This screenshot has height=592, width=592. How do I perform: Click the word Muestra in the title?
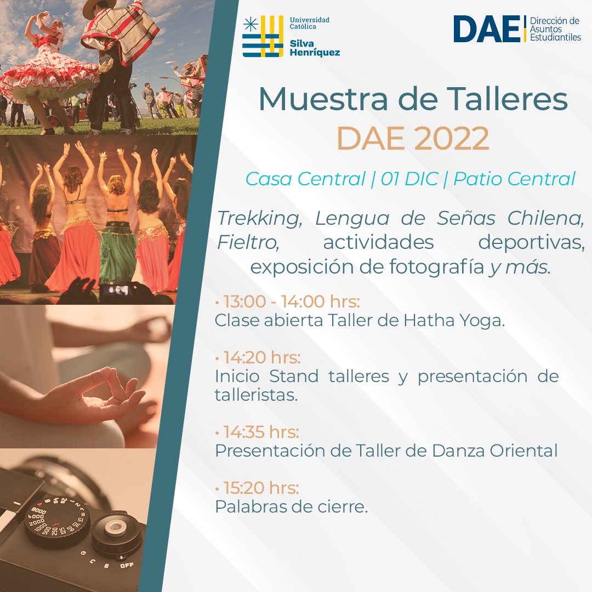tap(323, 99)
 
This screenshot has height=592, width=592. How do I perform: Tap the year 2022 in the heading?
tap(452, 138)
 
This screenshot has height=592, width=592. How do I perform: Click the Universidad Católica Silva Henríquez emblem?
tap(263, 36)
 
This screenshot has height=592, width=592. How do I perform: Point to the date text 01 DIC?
tap(409, 179)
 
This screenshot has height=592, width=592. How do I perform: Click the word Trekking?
tap(259, 219)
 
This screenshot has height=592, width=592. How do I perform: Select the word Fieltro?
tap(248, 242)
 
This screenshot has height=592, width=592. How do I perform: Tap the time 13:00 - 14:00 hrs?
tap(291, 301)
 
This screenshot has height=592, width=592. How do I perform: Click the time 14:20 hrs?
tap(261, 357)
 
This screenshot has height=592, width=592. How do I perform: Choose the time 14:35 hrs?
tap(261, 432)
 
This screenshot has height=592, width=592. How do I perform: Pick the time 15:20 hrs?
tap(261, 488)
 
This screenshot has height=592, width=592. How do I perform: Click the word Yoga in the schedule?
tap(482, 321)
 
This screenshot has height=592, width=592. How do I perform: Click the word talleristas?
tap(256, 395)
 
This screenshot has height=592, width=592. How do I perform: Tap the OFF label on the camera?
tap(127, 565)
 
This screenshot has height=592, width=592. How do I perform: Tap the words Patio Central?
tap(514, 179)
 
